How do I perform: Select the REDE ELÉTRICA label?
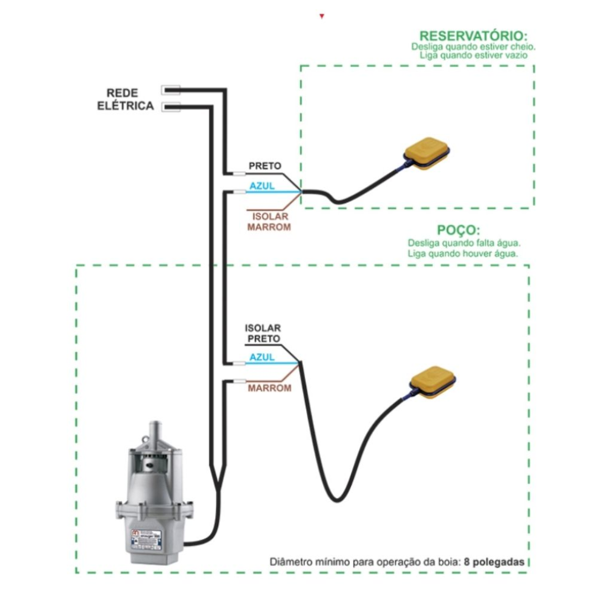coord(125,100)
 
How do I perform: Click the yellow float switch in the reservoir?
coord(427,154)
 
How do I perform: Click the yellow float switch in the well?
coord(434,382)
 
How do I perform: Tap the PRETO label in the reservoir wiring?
coord(265,166)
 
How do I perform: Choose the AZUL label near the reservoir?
coord(262,186)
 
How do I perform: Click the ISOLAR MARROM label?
coord(269,221)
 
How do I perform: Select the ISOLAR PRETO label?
coord(263,333)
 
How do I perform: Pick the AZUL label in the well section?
coord(262,358)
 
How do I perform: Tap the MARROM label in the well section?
coord(269,388)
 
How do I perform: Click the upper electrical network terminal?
coord(170,90)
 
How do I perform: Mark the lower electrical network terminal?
coord(170,107)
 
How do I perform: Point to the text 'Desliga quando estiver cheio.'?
coord(473,47)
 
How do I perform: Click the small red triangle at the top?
coord(321,17)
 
